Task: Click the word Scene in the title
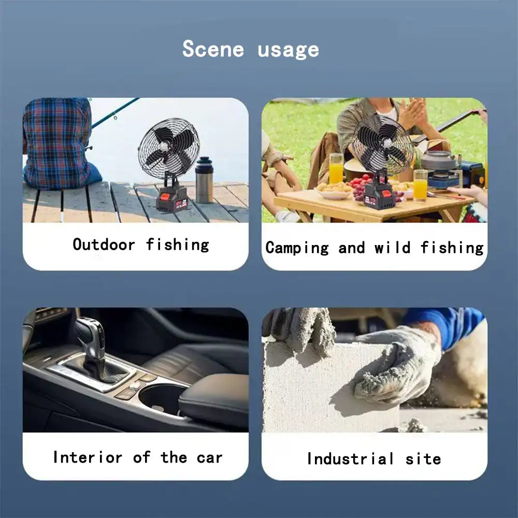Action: tap(213, 49)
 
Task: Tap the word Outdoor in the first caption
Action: tap(104, 245)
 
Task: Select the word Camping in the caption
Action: tap(297, 248)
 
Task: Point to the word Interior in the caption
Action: tap(88, 457)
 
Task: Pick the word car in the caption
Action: tap(209, 458)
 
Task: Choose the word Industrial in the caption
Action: tap(350, 458)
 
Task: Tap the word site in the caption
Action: tap(423, 459)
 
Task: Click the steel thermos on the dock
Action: tap(204, 180)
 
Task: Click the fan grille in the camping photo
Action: tap(383, 144)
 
